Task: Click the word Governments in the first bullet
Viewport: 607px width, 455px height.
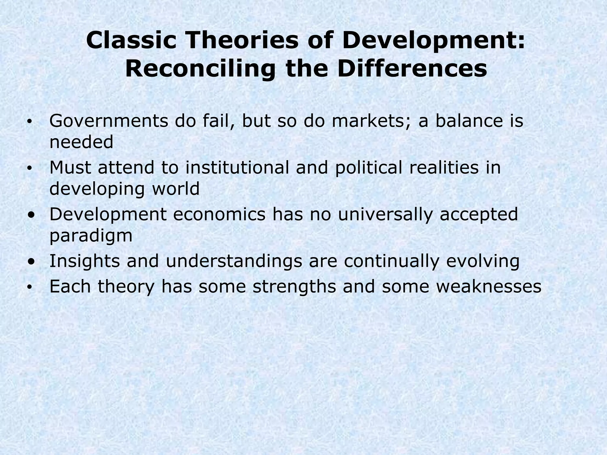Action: (x=108, y=121)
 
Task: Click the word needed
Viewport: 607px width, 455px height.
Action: (x=81, y=142)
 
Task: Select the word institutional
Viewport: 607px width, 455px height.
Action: (x=237, y=167)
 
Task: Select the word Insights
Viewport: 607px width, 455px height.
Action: (x=84, y=261)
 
